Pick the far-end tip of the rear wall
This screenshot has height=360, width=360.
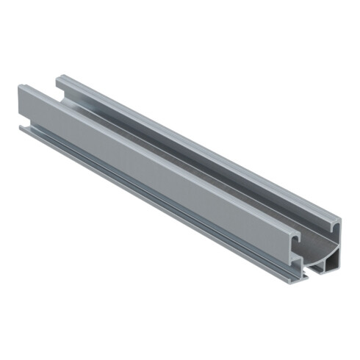[60, 76]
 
